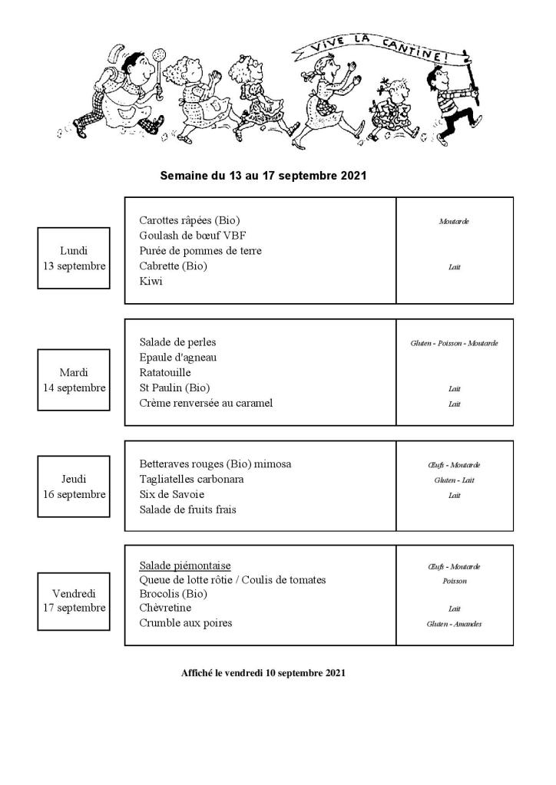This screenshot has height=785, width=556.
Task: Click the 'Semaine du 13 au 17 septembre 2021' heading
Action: (263, 176)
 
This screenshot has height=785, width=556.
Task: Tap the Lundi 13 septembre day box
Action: (74, 258)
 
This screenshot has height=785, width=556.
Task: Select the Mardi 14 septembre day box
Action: (74, 380)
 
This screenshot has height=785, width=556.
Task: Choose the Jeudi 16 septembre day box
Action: (74, 487)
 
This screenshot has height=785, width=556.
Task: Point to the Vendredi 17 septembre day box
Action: (74, 601)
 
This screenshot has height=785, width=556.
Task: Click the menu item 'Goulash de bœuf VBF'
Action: (193, 236)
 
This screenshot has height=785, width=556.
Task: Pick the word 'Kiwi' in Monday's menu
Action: (151, 282)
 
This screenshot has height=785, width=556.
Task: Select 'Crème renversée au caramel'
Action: (206, 404)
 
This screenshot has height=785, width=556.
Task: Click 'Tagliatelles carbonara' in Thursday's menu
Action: (191, 480)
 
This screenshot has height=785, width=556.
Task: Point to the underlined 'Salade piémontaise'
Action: (185, 566)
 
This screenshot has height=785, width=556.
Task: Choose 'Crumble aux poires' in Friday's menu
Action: (185, 623)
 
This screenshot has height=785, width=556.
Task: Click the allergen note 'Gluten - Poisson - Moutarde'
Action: (455, 343)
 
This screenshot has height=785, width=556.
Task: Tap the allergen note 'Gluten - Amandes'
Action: (455, 624)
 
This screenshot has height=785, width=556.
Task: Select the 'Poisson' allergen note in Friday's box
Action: (455, 581)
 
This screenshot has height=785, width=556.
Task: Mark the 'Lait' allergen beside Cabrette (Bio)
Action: (455, 267)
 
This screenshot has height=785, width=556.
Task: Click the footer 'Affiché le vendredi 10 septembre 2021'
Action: (263, 673)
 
